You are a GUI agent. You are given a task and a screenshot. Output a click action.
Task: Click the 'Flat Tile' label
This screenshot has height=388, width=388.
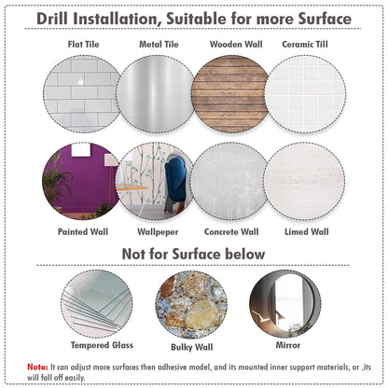tap(83, 44)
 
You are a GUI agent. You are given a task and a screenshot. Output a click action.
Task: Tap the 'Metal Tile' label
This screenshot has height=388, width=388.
tap(159, 44)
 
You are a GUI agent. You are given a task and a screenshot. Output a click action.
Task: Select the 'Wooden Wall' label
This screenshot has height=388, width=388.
tap(236, 44)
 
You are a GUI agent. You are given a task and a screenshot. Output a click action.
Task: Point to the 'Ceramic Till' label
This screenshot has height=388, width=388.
tap(305, 44)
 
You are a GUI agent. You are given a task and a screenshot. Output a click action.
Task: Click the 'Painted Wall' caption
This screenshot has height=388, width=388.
tap(83, 231)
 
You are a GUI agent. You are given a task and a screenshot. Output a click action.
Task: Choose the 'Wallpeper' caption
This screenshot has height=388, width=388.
tap(158, 232)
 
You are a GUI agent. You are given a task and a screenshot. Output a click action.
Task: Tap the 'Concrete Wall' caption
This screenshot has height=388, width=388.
tap(231, 231)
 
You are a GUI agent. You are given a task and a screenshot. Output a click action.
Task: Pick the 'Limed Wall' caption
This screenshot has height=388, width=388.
tap(307, 231)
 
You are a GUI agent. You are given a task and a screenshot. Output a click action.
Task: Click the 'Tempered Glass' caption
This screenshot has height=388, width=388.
tap(102, 345)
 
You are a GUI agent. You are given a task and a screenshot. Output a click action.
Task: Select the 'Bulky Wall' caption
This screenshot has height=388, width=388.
tap(192, 347)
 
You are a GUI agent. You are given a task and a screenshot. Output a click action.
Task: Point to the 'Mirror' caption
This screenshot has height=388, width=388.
tap(288, 345)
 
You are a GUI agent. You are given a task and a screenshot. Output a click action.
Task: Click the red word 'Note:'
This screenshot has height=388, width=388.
tap(37, 367)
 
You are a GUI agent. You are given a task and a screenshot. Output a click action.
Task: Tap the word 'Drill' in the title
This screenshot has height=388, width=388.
tap(52, 19)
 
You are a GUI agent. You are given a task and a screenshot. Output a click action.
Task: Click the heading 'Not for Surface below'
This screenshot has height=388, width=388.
tap(193, 254)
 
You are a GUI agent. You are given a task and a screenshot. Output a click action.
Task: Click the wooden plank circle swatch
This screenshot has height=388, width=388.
tap(230, 94)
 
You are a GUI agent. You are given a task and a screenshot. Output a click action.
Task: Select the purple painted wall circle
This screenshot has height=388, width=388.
tap(81, 181)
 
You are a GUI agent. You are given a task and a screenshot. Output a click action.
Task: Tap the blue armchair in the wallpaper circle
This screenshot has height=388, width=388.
tap(175, 184)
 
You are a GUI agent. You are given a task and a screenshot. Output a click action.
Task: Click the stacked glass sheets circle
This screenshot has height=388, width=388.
tap(97, 304)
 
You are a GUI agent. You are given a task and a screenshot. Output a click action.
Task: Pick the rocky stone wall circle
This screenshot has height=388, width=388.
tap(191, 305)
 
